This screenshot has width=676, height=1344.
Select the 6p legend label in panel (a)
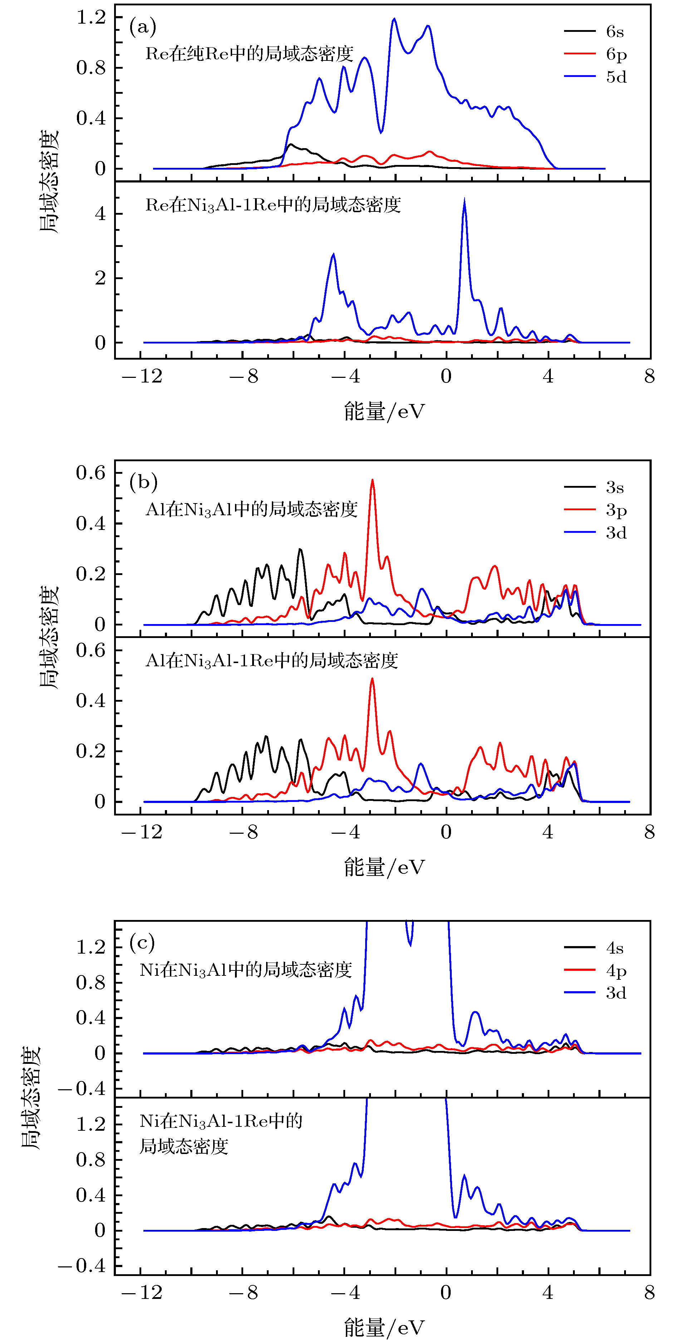coord(616,55)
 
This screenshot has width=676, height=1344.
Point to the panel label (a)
coord(142,26)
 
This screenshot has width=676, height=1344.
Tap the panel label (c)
coord(142,942)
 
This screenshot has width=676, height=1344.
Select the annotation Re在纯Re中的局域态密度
coord(249,54)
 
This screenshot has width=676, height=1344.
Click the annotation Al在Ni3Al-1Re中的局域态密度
coord(271,661)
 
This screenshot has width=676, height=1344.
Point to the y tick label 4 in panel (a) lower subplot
coord(100,214)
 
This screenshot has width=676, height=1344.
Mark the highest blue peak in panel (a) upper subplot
coord(394,19)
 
